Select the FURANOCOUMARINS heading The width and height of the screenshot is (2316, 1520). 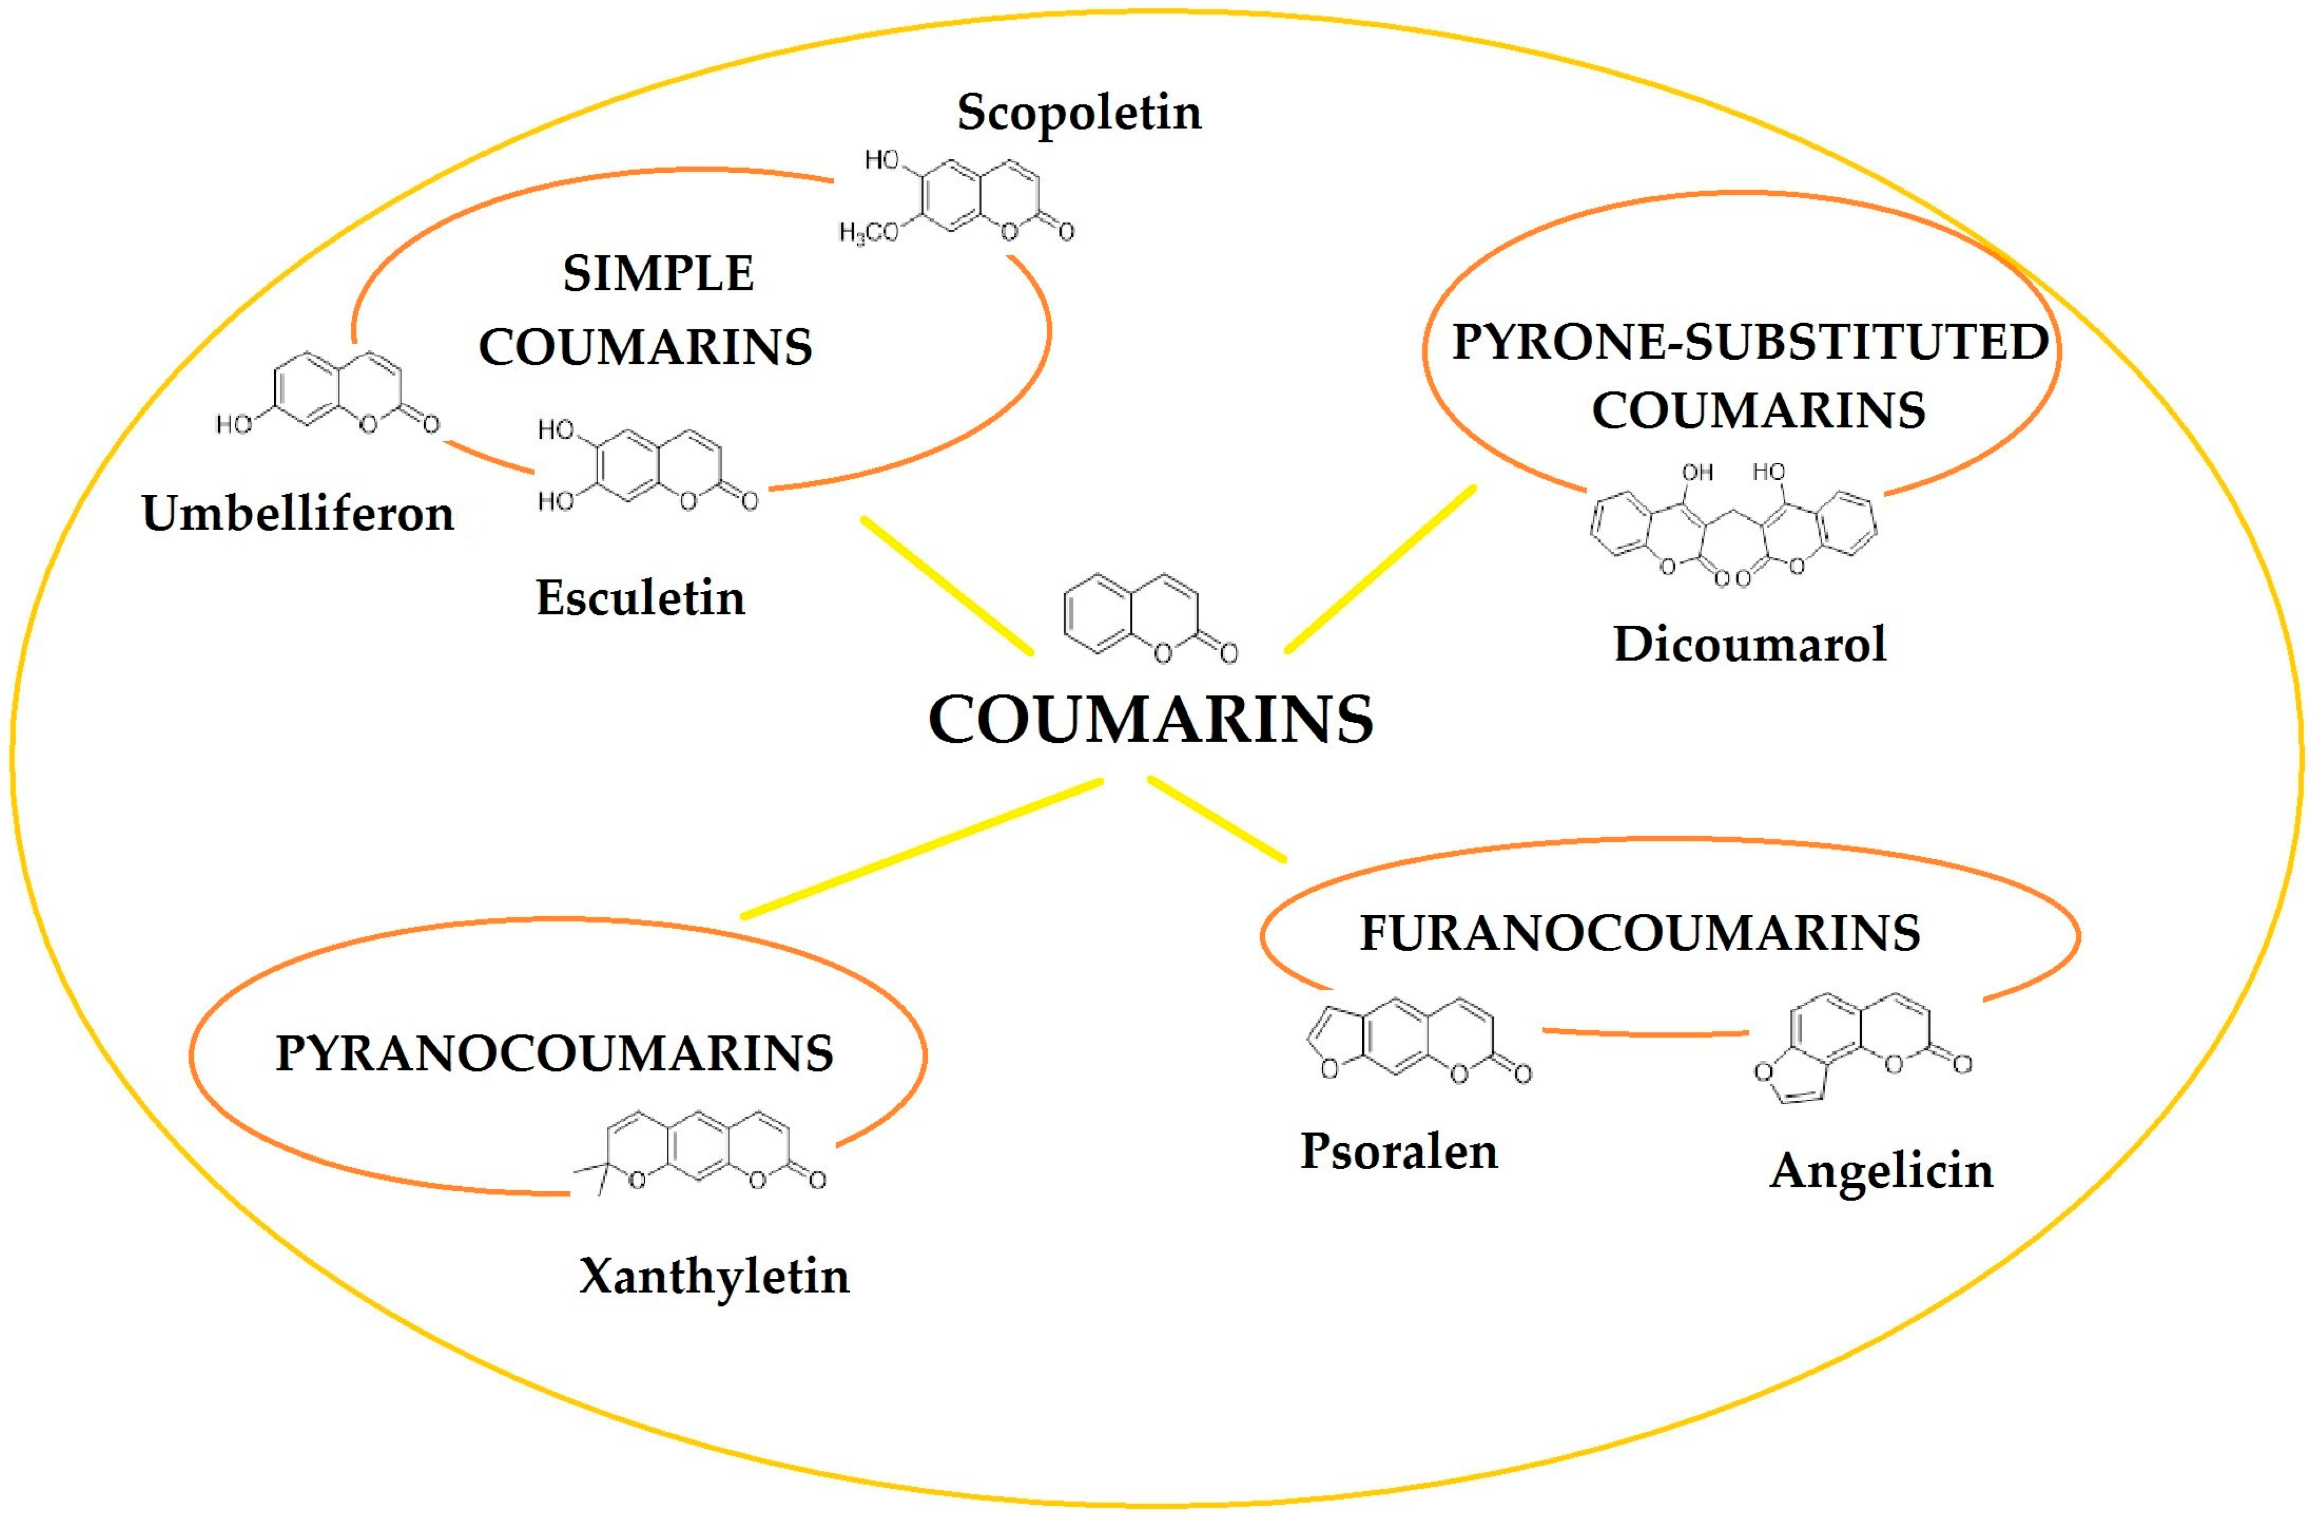[1640, 933]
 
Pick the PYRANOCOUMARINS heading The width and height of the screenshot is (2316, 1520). [555, 1053]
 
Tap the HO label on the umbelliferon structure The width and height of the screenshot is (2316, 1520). [233, 424]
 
